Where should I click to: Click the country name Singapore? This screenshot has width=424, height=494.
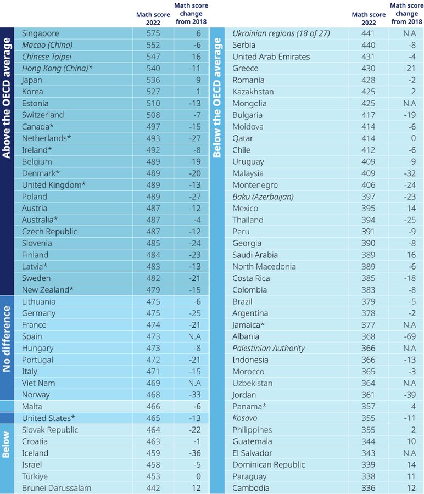click(x=40, y=33)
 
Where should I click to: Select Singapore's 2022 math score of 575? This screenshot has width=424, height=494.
click(x=153, y=33)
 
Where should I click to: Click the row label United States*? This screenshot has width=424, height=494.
click(x=48, y=418)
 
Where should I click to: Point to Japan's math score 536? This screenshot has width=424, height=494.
click(x=153, y=80)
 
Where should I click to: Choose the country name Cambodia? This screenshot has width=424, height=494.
click(x=251, y=488)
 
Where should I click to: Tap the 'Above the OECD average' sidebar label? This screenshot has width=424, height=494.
click(x=7, y=93)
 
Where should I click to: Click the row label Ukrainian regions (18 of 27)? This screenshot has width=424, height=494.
click(x=281, y=33)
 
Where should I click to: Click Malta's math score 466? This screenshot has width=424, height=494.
click(x=153, y=407)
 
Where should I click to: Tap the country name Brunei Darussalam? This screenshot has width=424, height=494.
click(x=57, y=488)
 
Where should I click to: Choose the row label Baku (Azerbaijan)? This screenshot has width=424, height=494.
click(x=263, y=197)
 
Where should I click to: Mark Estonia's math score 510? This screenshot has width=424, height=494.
click(x=153, y=103)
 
